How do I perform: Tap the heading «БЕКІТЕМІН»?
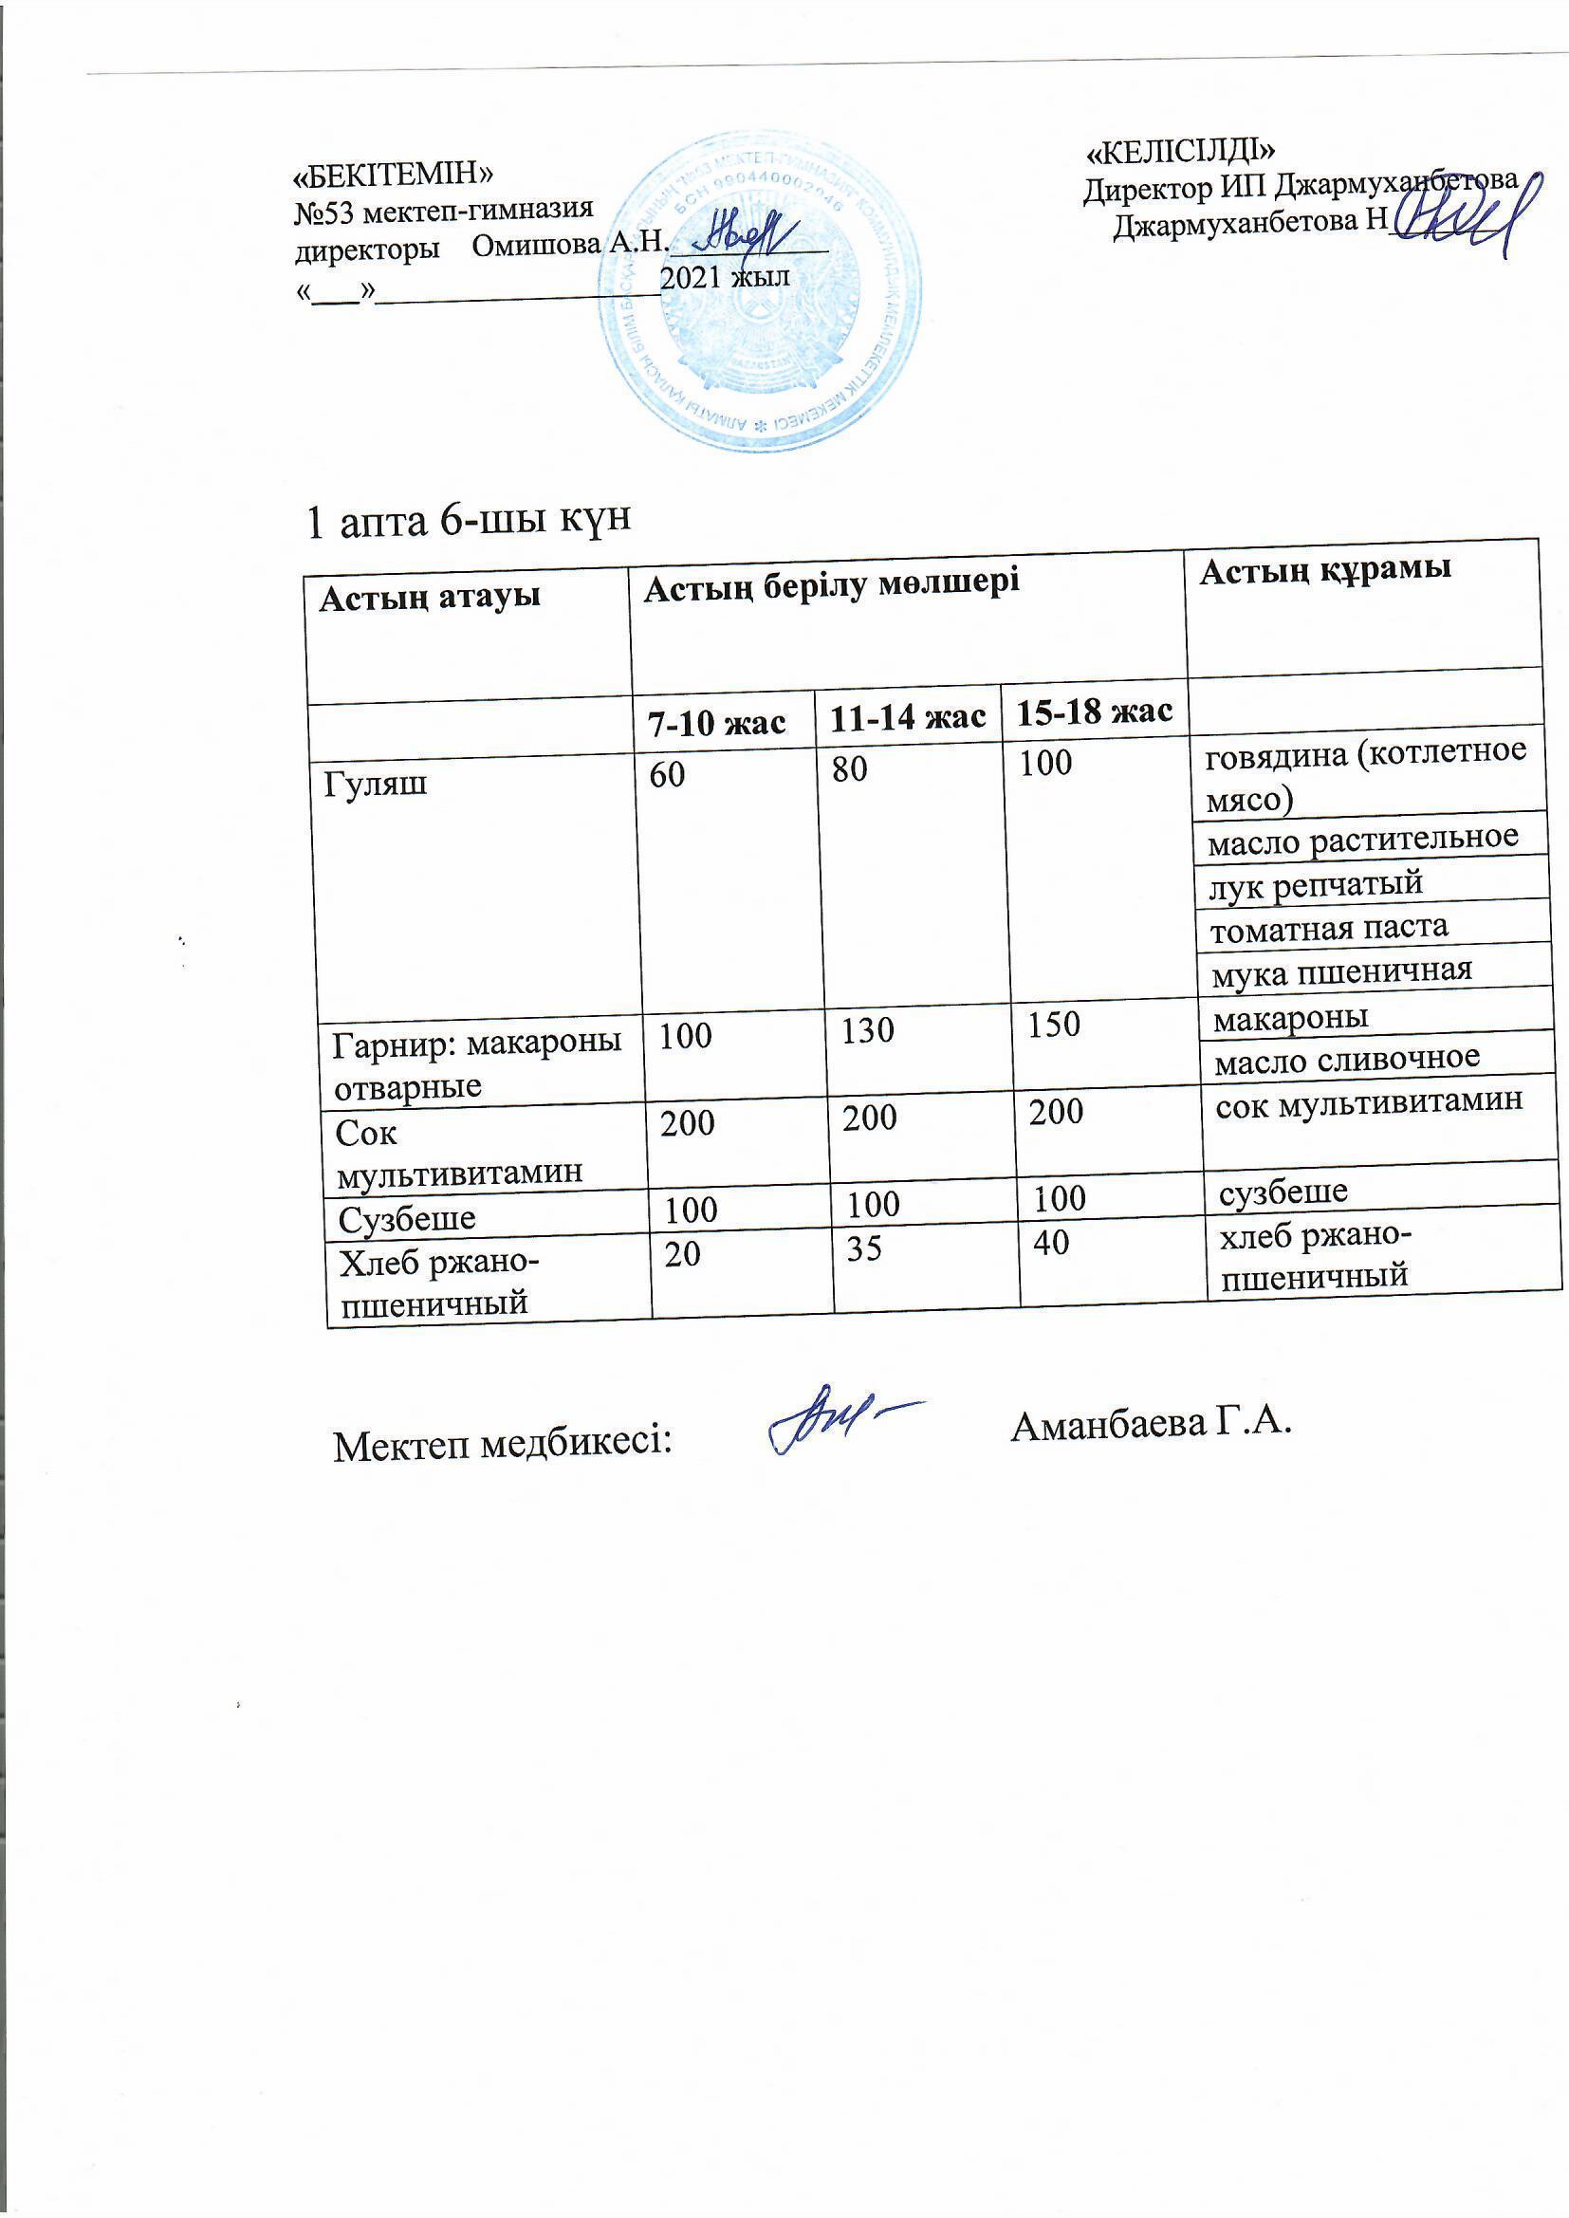point(395,174)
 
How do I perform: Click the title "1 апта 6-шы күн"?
point(469,522)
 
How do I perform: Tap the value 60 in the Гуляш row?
point(667,774)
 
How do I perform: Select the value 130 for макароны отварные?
point(868,1030)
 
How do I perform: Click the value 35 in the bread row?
point(865,1249)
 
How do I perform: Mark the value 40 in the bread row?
point(1051,1243)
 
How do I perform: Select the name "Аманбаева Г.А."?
point(1151,1423)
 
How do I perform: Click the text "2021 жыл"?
point(725,277)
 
